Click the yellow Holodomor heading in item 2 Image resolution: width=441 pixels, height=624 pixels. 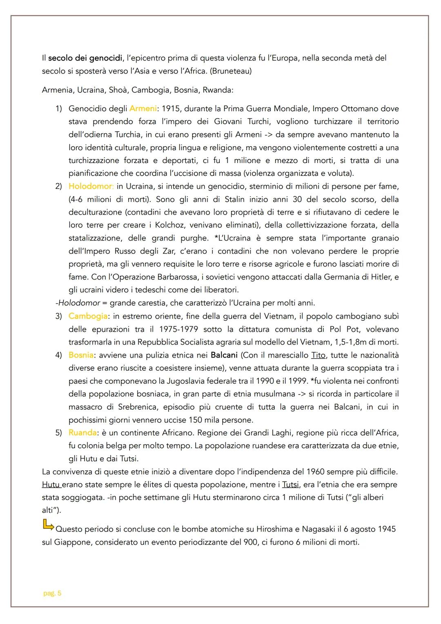click(x=91, y=186)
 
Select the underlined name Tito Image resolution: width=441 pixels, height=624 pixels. click(x=318, y=355)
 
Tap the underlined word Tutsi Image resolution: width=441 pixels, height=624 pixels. click(x=290, y=485)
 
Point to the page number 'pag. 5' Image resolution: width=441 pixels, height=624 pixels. click(x=52, y=593)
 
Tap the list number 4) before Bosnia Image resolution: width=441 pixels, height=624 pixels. click(x=59, y=355)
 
